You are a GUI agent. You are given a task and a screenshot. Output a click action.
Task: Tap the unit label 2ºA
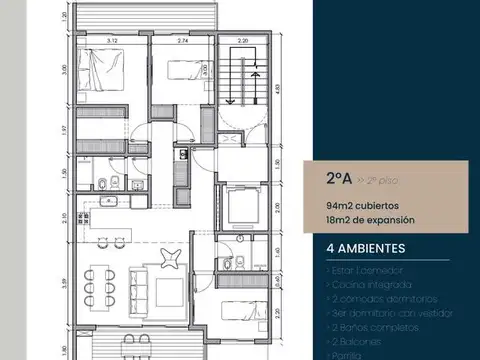pyautogui.click(x=338, y=181)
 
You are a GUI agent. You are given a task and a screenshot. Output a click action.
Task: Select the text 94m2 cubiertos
pyautogui.click(x=353, y=205)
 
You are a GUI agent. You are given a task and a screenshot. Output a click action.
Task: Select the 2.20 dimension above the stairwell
pyautogui.click(x=242, y=41)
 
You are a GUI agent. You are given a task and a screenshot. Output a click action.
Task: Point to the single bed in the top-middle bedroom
pyautogui.click(x=180, y=70)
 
